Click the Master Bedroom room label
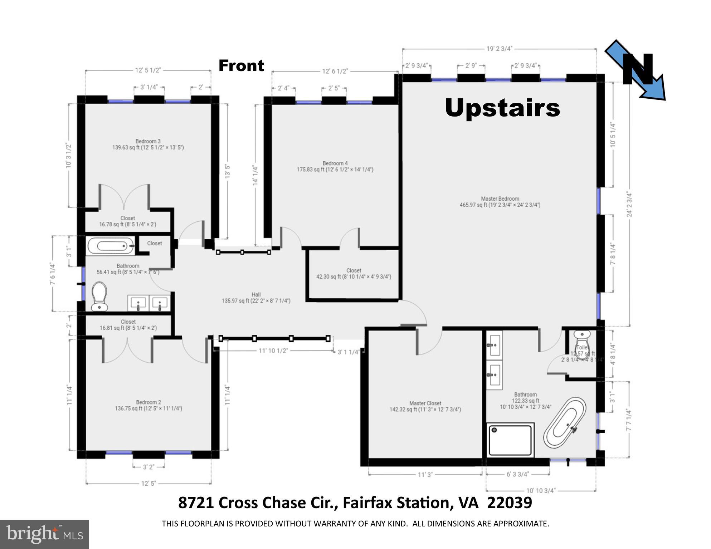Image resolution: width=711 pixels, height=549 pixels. [x=500, y=202]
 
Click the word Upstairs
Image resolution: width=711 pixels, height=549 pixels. [x=502, y=108]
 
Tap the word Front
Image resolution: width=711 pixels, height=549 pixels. [x=241, y=66]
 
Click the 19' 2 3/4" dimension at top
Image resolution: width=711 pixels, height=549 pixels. [x=500, y=49]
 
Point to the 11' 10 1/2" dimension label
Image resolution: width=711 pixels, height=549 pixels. [x=273, y=351]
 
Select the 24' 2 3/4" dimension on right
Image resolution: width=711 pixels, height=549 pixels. [x=629, y=205]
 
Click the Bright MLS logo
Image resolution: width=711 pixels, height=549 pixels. [x=44, y=534]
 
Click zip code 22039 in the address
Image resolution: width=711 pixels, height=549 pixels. [x=510, y=503]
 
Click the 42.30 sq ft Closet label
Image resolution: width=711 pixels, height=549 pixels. [x=354, y=274]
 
